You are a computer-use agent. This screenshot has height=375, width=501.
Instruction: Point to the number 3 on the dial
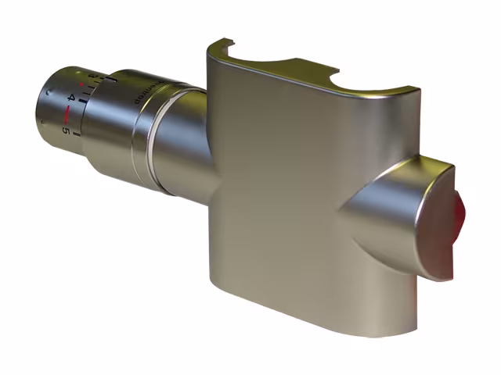tap(92, 75)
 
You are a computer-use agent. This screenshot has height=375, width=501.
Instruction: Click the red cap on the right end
tap(460, 217)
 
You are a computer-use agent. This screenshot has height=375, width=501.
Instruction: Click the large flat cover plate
tap(274, 195)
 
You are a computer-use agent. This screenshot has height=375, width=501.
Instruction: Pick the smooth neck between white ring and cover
tap(188, 141)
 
